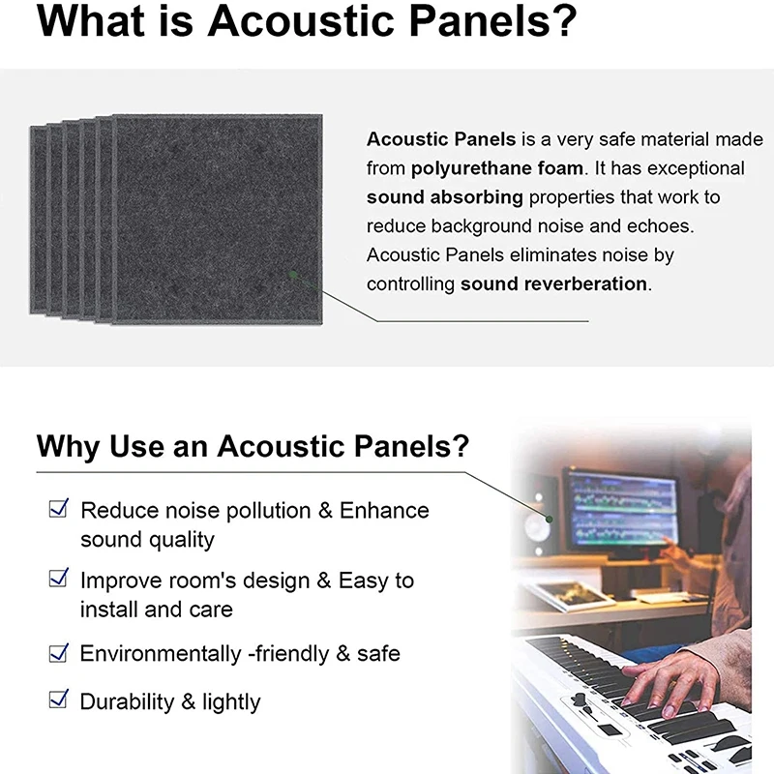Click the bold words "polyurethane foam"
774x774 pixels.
click(x=496, y=168)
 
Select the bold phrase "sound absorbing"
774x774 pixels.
click(x=444, y=197)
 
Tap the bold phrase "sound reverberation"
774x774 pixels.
click(x=553, y=284)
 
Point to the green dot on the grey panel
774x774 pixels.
click(x=294, y=279)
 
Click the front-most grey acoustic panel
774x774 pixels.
click(x=218, y=220)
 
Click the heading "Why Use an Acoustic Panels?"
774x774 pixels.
click(x=253, y=447)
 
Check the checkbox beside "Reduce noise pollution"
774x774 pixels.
click(x=59, y=507)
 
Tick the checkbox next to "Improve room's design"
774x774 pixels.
click(x=59, y=579)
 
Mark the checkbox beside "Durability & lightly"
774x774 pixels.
click(x=59, y=699)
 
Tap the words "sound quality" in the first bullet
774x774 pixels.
click(x=147, y=539)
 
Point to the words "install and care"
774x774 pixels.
click(x=156, y=610)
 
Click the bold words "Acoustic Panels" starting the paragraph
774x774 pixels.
click(x=440, y=139)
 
